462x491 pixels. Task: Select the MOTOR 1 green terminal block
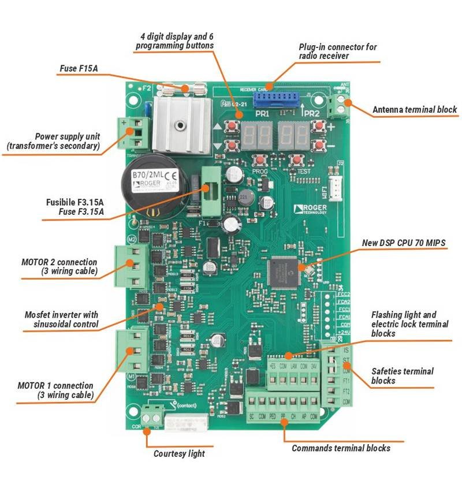pyautogui.click(x=130, y=351)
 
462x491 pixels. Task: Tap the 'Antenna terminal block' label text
pyautogui.click(x=414, y=109)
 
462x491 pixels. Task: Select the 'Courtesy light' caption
pyautogui.click(x=179, y=453)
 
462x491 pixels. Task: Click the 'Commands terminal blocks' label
pyautogui.click(x=341, y=448)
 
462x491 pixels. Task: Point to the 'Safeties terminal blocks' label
pyautogui.click(x=403, y=376)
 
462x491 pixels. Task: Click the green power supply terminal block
pyautogui.click(x=128, y=133)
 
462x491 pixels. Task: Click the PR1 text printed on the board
pyautogui.click(x=262, y=114)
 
